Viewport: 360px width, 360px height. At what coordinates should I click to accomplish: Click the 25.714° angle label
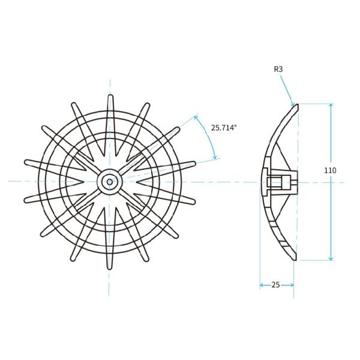coord(224,128)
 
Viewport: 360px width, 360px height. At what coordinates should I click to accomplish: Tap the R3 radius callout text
coord(278,70)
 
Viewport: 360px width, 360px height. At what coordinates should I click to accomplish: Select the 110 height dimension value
coord(330,170)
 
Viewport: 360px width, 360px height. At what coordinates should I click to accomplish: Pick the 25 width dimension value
coord(276,285)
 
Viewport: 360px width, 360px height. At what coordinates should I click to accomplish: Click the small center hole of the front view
coord(110,182)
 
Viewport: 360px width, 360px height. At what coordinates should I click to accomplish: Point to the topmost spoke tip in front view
coord(110,96)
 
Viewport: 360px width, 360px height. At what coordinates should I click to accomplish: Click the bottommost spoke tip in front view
coord(110,268)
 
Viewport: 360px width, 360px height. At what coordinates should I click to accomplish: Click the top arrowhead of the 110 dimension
coord(331,106)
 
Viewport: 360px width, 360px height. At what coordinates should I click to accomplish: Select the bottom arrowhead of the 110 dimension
coord(331,258)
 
